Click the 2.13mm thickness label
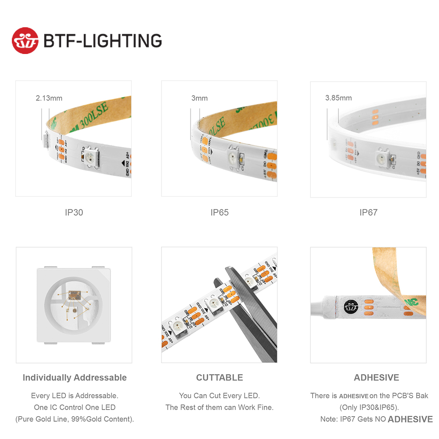click(49, 98)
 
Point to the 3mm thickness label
click(199, 98)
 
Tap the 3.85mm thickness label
click(338, 98)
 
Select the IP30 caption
click(74, 212)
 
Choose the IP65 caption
click(219, 212)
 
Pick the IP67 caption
click(368, 212)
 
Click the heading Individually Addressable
click(75, 378)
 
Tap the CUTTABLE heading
click(219, 378)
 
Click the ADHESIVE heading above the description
click(376, 378)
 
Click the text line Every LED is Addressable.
click(75, 396)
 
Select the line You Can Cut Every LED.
click(219, 396)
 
